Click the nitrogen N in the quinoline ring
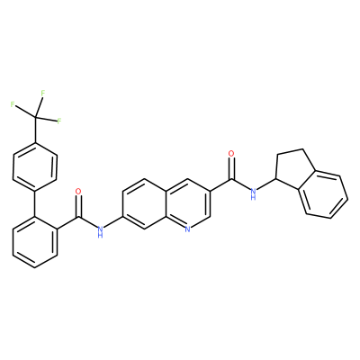[x=187, y=229]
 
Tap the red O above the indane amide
[x=231, y=154]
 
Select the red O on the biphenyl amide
[x=78, y=191]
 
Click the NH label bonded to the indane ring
[x=254, y=193]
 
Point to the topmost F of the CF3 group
[x=43, y=94]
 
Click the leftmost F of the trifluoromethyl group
[x=13, y=104]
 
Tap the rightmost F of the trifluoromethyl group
[x=59, y=121]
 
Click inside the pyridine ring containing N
[x=187, y=204]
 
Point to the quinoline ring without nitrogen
[x=144, y=204]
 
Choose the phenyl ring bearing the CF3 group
[x=35, y=166]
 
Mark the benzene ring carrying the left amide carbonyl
[x=35, y=242]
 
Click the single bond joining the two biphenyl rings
[x=35, y=204]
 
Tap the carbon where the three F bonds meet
[x=35, y=117]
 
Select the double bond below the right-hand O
[x=231, y=168]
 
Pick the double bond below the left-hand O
[x=78, y=206]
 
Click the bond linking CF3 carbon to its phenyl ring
[x=35, y=130]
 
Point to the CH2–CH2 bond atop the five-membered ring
[x=290, y=152]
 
